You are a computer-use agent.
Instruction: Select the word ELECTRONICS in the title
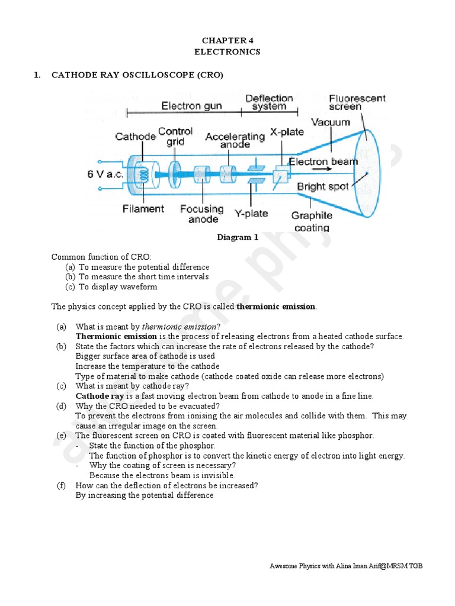pos(227,52)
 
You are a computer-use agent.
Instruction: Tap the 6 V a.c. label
pos(104,175)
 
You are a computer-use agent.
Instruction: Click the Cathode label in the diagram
pos(136,137)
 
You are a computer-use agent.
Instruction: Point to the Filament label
pos(143,208)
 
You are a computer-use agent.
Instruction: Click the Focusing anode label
pos(202,214)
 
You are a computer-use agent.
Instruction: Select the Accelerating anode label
pos(235,140)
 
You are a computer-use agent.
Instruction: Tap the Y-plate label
pos(251,213)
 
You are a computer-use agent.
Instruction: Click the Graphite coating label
pos(312,221)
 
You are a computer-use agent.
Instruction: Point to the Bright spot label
pos(319,186)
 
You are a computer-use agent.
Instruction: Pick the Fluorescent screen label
pos(357,102)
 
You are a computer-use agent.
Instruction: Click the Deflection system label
pos(269,102)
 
